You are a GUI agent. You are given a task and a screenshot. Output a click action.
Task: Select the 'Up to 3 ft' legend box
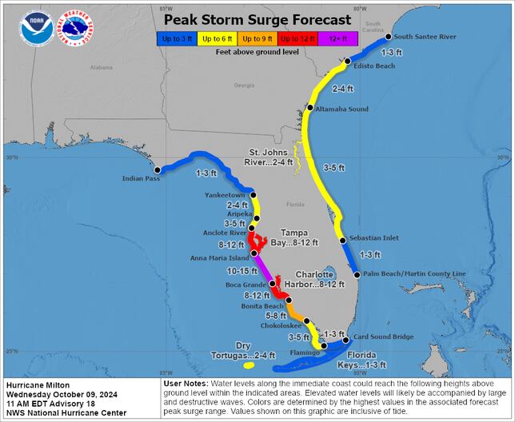(x=175, y=38)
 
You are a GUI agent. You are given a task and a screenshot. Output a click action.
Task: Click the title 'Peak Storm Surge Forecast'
(x=257, y=19)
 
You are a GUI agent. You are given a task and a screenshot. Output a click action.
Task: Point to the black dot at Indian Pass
(x=158, y=169)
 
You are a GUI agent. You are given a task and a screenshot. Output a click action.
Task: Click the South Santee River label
(x=425, y=37)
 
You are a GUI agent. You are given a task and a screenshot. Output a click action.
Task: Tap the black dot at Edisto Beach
(x=348, y=61)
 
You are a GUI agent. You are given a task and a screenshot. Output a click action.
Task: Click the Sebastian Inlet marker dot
(x=342, y=240)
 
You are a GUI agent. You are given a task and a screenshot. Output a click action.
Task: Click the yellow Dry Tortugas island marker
(x=249, y=365)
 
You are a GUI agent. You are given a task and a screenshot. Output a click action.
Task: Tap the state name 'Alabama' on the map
(x=101, y=67)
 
